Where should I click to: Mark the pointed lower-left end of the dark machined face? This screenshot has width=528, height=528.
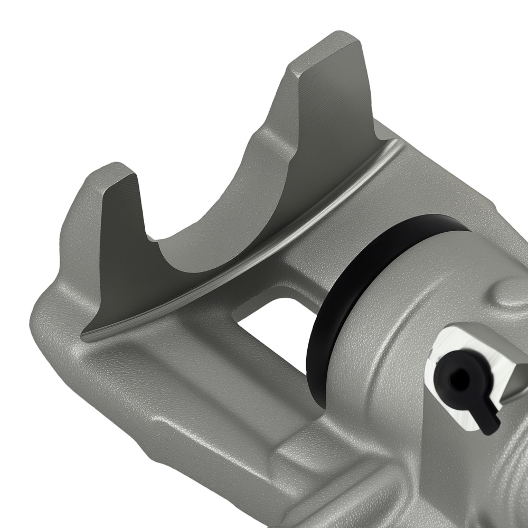click(x=87, y=334)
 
